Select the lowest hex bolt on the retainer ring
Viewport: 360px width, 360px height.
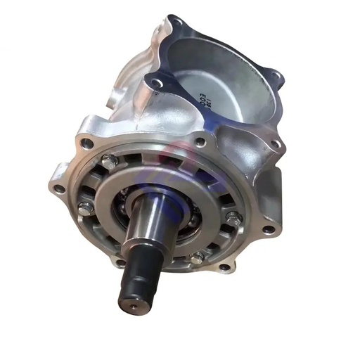click(198, 257)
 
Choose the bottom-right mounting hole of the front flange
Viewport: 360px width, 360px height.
click(224, 266)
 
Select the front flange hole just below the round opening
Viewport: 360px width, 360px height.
click(201, 142)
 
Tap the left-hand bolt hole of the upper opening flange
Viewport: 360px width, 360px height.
click(153, 79)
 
